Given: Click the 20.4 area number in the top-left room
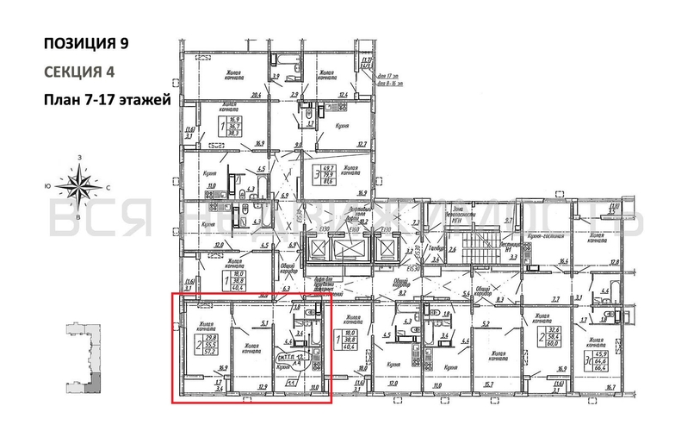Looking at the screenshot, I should pyautogui.click(x=256, y=95).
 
